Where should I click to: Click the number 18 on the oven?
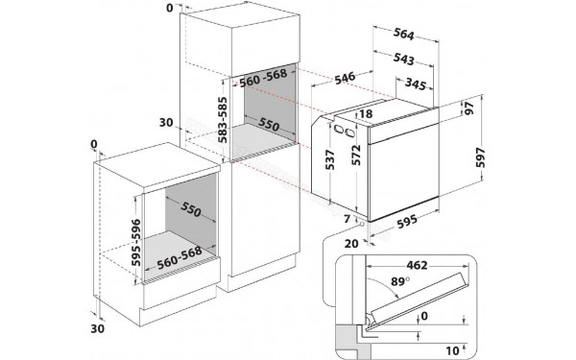tap(366, 114)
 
